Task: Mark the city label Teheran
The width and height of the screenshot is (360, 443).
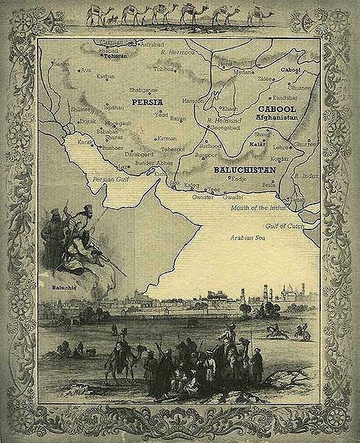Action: click(105, 55)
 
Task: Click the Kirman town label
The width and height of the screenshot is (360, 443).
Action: click(169, 138)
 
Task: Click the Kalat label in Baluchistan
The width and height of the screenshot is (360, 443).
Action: click(257, 145)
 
